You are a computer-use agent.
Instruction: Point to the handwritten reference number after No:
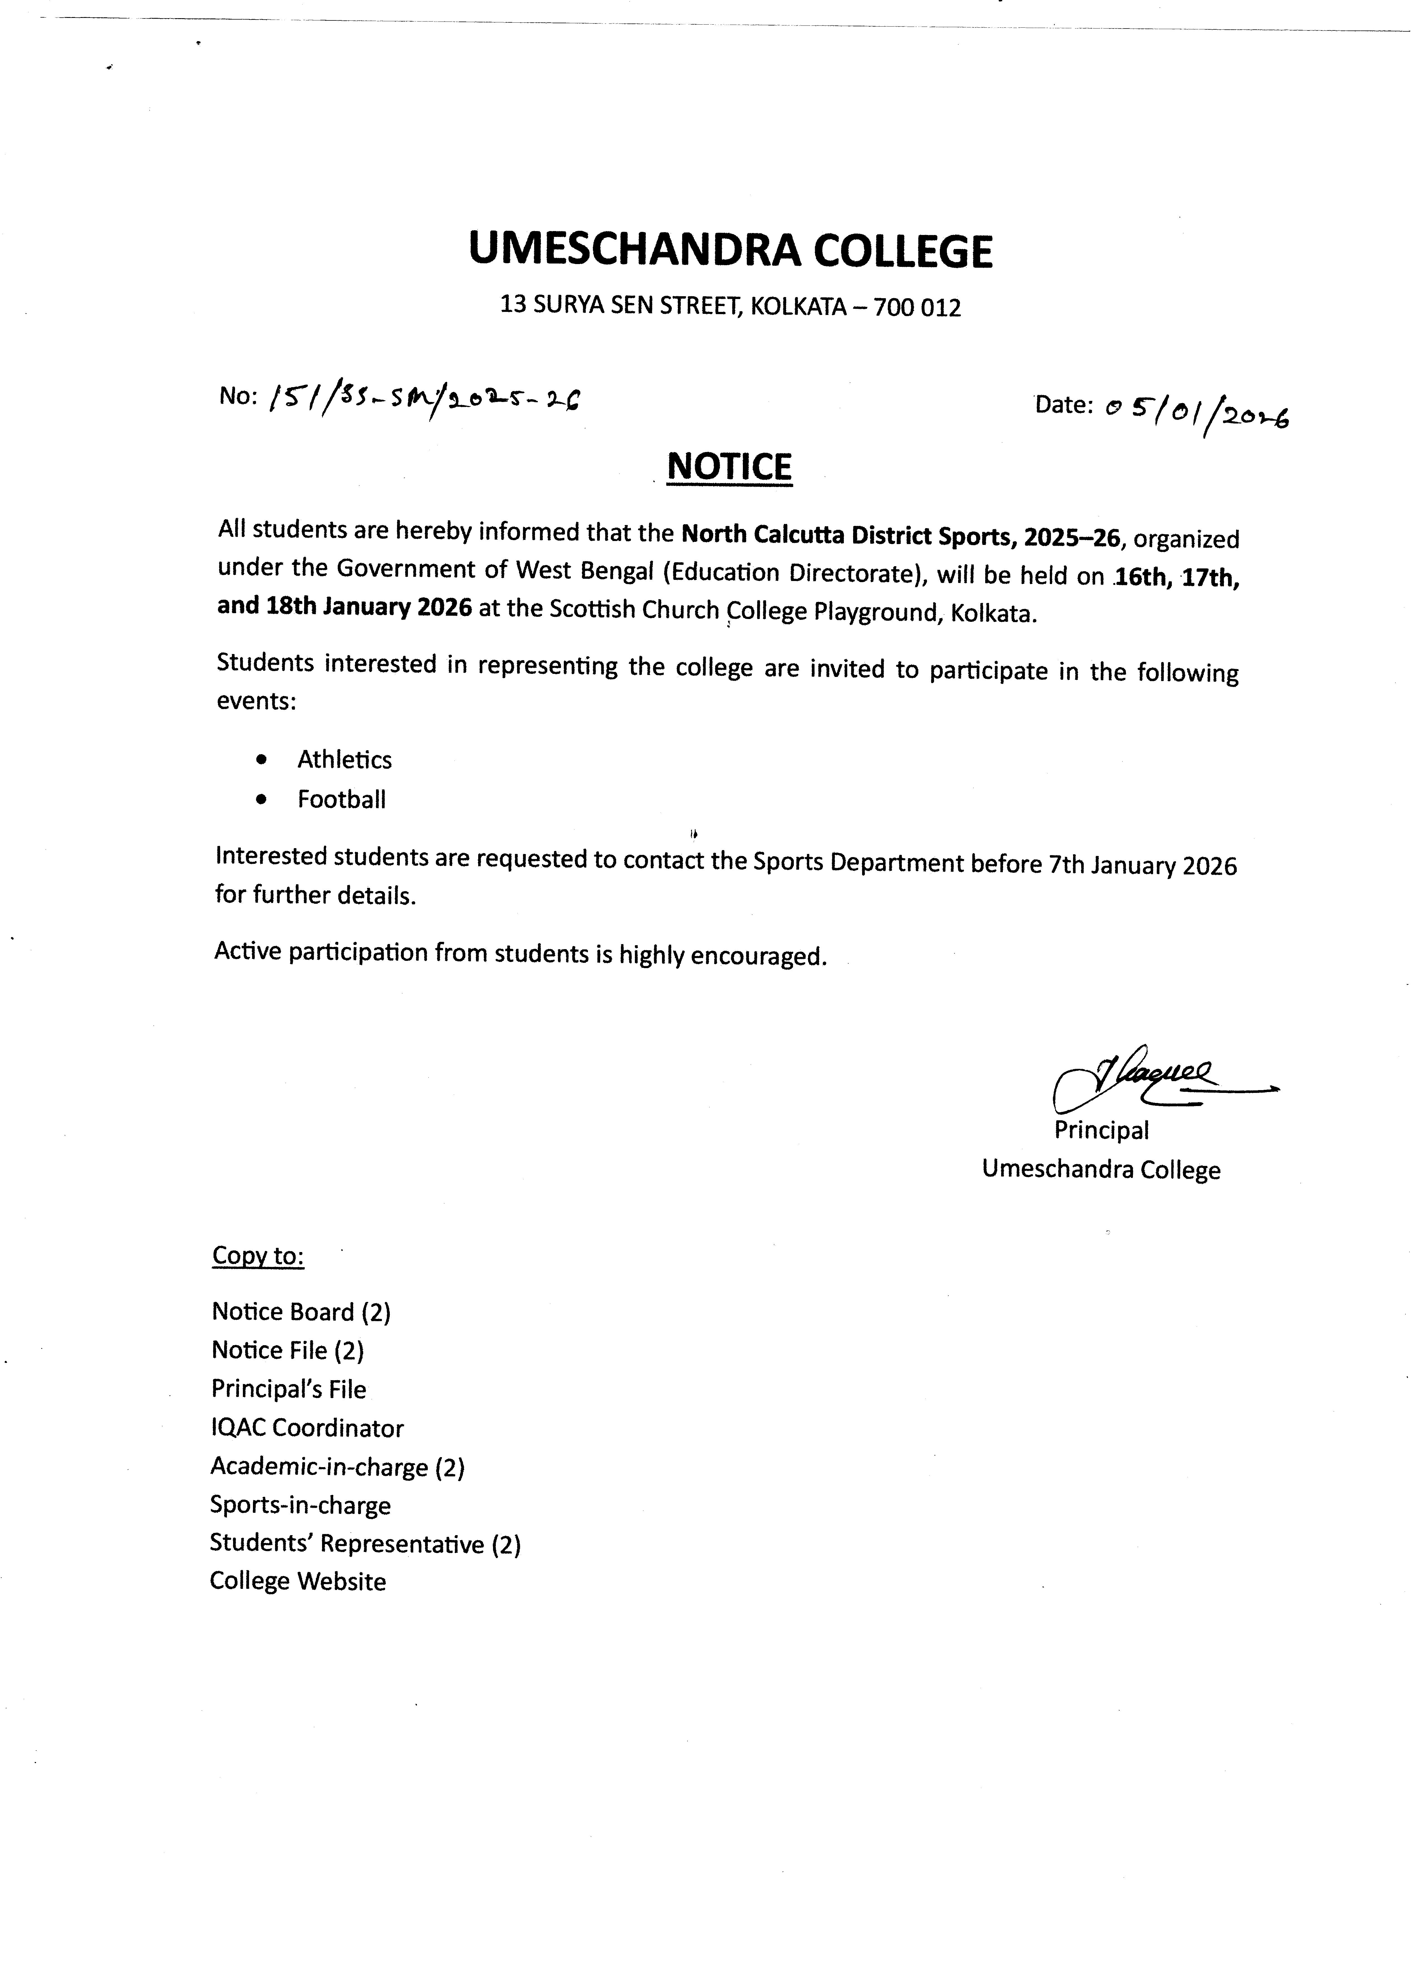click(424, 398)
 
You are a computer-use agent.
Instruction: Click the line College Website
click(298, 1581)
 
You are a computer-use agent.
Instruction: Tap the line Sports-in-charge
click(300, 1505)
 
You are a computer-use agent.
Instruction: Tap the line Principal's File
click(288, 1389)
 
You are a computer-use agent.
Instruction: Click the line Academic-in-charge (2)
click(337, 1467)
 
